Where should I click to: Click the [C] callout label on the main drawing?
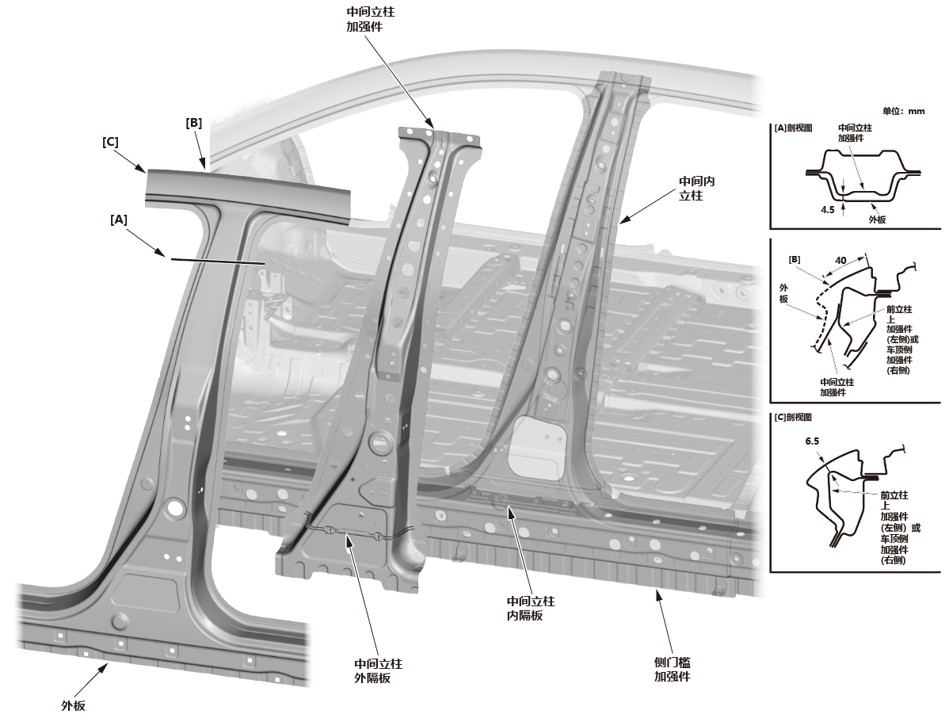[110, 142]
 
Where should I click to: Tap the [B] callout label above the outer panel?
[193, 123]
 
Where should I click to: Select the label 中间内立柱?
[698, 188]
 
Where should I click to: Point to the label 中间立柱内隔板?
[530, 608]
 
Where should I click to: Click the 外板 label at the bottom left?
[73, 705]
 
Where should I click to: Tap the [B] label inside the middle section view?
[794, 259]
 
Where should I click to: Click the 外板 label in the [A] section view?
[877, 218]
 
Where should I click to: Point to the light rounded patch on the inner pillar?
[538, 447]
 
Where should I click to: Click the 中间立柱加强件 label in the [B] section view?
[838, 386]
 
